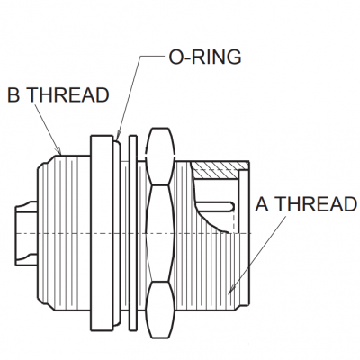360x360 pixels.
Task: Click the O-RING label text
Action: tap(205, 57)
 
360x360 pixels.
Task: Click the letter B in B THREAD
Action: tap(13, 95)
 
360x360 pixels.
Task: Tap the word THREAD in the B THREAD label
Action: tap(69, 95)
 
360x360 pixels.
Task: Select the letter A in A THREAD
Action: tap(262, 204)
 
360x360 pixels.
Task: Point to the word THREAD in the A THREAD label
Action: tap(316, 204)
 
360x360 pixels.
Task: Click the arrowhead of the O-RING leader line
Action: tap(118, 137)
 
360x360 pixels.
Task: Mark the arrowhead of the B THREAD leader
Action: tap(58, 150)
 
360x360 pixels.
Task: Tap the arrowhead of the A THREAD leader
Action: tap(231, 289)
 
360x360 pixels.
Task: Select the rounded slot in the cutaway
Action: tap(215, 206)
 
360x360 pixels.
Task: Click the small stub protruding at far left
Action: tap(26, 233)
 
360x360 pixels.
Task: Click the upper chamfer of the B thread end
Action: tap(47, 160)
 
